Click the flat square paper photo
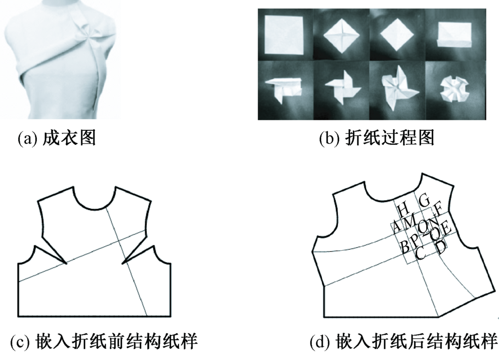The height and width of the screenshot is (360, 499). click(x=284, y=34)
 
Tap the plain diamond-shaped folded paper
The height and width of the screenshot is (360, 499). click(x=397, y=35)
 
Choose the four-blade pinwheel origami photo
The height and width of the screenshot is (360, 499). click(x=343, y=89)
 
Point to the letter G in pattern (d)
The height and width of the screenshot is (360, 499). click(x=425, y=201)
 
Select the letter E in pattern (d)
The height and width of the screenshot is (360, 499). click(x=446, y=229)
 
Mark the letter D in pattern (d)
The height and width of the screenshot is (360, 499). click(x=441, y=247)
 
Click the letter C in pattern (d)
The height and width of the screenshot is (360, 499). click(x=420, y=253)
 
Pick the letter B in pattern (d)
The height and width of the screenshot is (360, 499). click(x=405, y=246)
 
